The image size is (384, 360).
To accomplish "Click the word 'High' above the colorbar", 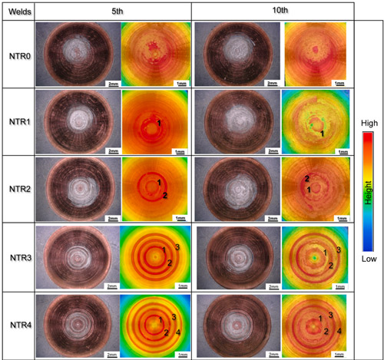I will (x=369, y=121).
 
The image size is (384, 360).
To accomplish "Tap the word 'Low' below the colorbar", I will (x=369, y=259).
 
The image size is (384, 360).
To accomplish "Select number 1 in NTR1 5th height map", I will (x=158, y=122).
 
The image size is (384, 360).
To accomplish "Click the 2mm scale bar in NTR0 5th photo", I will (x=111, y=80).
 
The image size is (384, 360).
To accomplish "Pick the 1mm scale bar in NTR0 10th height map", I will (x=334, y=81).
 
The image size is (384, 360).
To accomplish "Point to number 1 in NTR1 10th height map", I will (x=323, y=134).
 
